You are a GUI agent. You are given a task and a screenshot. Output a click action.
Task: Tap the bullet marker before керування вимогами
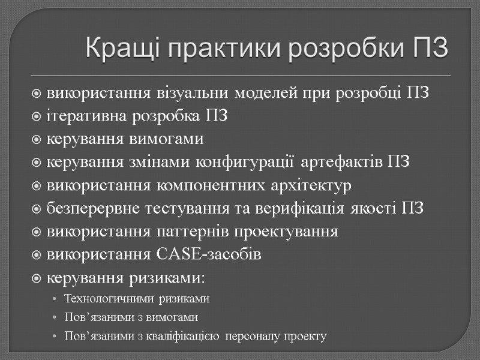[37, 140]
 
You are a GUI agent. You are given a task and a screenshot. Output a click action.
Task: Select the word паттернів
[193, 232]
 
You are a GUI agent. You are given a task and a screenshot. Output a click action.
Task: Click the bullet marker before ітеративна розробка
[37, 117]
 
